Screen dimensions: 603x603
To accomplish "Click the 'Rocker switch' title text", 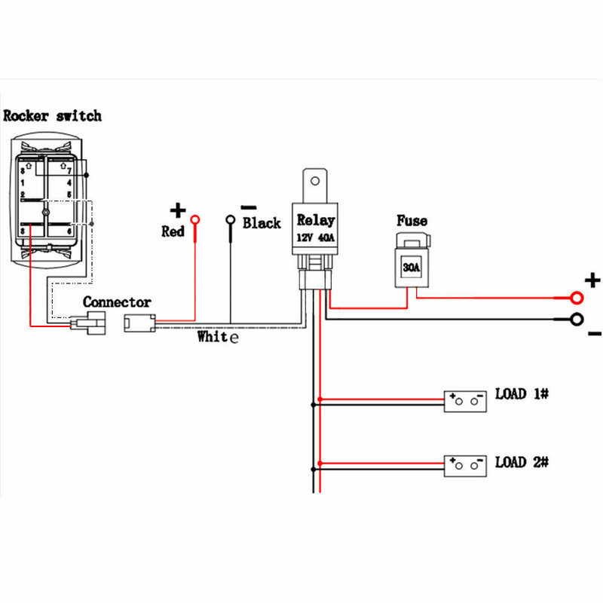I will coord(52,116).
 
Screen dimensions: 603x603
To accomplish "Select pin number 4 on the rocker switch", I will coord(69,182).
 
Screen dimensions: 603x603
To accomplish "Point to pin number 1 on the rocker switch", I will coord(23,182).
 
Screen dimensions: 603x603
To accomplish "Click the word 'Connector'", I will coord(117,302).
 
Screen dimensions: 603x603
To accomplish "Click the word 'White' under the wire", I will coord(218,337).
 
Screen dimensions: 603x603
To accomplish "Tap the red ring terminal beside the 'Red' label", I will coord(195,220).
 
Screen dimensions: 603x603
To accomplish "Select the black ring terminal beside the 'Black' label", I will coord(231,220).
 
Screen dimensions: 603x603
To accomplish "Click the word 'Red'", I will coord(173,231).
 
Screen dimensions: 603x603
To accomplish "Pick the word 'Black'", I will coord(262,223).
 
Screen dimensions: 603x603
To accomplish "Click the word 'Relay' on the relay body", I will coord(315,220).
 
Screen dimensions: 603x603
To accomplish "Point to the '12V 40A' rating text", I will coord(315,238).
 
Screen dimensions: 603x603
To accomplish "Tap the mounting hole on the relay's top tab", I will coord(315,181).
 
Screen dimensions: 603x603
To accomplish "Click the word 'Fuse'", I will coord(412,221).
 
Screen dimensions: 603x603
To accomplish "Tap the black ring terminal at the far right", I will coord(577,319).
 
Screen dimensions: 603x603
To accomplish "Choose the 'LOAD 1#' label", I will coord(521,393).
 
